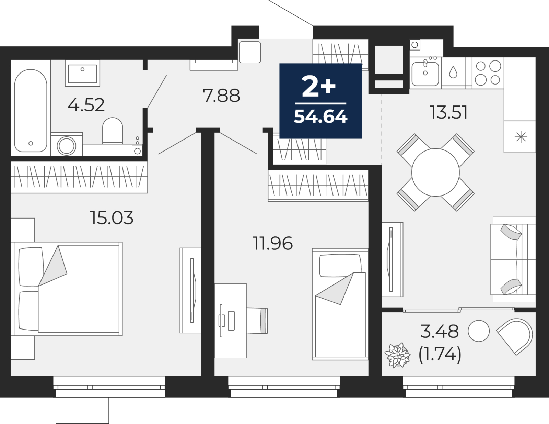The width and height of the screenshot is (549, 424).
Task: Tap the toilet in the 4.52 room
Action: coord(113,131)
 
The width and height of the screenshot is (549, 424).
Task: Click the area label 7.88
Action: coord(221,96)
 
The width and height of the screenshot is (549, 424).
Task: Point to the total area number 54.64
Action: coord(320,117)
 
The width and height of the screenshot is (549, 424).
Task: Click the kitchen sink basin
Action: coord(425,74)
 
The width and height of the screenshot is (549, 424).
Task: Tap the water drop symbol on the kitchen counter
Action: coord(453,72)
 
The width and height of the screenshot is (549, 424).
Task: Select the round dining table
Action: coord(435,172)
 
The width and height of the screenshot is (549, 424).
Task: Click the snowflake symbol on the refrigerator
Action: coord(521,137)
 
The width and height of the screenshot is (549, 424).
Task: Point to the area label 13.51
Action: coord(448,113)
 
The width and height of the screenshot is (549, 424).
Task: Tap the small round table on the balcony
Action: coord(479,331)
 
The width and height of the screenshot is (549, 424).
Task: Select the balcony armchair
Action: coord(515,335)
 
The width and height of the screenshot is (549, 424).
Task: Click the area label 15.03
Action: coord(112,218)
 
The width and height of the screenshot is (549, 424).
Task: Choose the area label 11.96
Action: coord(272,243)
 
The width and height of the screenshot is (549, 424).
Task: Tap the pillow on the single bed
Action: coord(340,266)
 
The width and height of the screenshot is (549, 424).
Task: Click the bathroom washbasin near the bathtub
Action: coord(82,73)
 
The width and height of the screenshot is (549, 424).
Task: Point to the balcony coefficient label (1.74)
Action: coord(440,355)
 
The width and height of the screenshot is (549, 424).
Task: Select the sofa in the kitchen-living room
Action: coord(513,259)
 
